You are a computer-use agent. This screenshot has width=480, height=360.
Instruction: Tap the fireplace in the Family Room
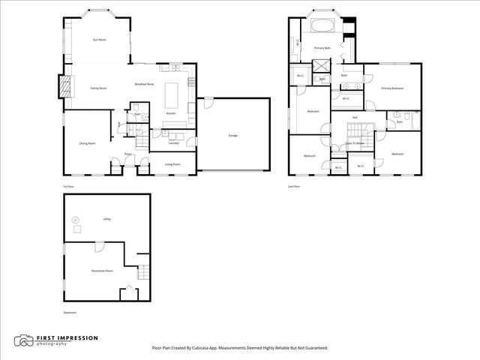pyautogui.click(x=66, y=87)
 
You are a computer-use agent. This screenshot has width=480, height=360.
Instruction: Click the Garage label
pyautogui.click(x=233, y=135)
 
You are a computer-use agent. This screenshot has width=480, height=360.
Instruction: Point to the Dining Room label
pyautogui.click(x=87, y=142)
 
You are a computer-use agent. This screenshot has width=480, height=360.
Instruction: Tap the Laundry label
pyautogui.click(x=172, y=142)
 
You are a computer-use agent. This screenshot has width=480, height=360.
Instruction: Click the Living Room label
pyautogui.click(x=173, y=163)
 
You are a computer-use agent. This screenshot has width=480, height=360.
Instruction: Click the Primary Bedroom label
pyautogui.click(x=392, y=88)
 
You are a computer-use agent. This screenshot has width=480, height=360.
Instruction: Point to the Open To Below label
pyautogui.click(x=355, y=142)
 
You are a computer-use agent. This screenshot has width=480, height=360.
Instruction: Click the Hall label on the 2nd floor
pyautogui.click(x=355, y=117)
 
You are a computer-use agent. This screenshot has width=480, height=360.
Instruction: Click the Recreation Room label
pyautogui.click(x=102, y=270)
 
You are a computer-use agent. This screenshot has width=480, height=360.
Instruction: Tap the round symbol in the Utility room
pyautogui.click(x=75, y=220)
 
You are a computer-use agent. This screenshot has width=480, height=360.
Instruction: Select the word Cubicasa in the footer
pyautogui.click(x=205, y=348)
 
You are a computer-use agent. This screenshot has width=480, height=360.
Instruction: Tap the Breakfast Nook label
pyautogui.click(x=145, y=84)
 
